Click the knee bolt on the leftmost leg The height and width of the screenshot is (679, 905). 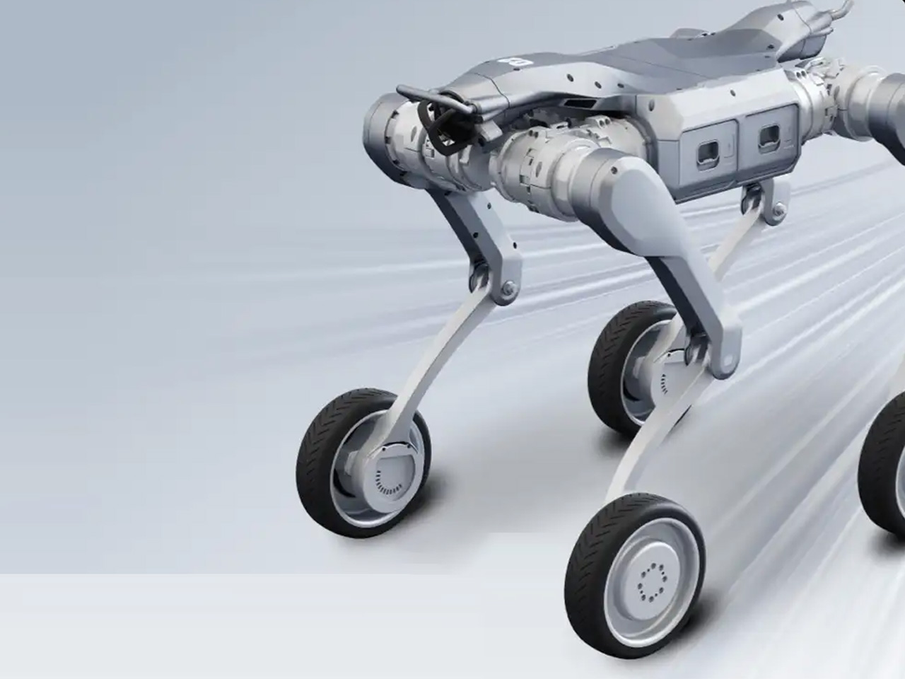[507, 291]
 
